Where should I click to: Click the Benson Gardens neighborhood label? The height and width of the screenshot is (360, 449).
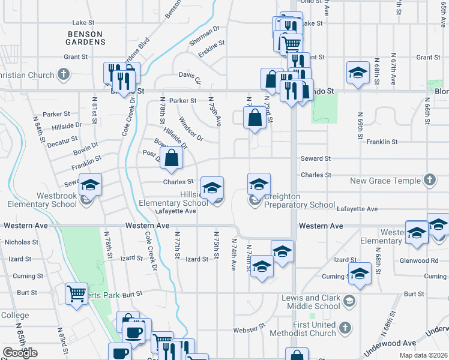(86, 38)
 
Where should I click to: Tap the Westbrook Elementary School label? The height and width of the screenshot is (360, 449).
(42, 200)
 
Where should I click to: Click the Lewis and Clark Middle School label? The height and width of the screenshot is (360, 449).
(311, 302)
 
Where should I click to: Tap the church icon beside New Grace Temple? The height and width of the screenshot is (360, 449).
(429, 180)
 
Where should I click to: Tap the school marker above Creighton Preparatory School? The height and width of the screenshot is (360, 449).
(259, 184)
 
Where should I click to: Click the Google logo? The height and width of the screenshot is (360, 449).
(20, 353)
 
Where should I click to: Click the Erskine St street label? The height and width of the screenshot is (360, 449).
(212, 43)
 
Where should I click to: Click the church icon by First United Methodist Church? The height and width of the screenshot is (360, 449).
(345, 328)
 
